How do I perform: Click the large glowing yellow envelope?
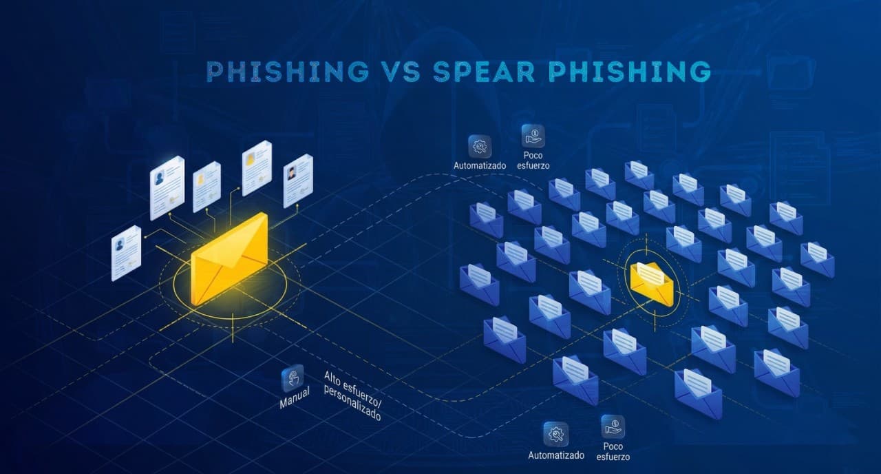click(229, 259)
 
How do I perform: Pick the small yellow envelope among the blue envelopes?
click(651, 283)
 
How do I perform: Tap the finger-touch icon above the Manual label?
click(293, 378)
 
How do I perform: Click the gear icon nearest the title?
click(480, 147)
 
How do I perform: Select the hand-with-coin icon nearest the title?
click(533, 136)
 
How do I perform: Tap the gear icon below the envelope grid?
click(555, 435)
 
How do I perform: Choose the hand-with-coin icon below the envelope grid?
click(613, 426)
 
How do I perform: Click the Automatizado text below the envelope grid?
click(556, 455)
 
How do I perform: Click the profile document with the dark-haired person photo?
click(298, 180)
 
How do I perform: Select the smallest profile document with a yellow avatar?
click(206, 187)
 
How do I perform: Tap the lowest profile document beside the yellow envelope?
click(126, 253)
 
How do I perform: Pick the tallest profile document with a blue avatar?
click(167, 187)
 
